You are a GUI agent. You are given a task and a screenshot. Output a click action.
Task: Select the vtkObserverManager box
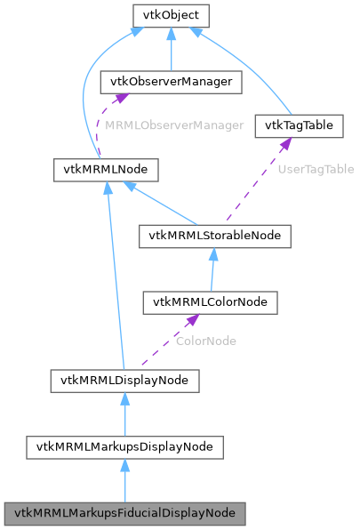172,82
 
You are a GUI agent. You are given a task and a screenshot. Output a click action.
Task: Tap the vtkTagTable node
299,125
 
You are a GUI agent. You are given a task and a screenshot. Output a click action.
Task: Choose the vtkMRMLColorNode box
210,302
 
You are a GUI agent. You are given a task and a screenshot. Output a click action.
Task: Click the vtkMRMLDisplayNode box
124,381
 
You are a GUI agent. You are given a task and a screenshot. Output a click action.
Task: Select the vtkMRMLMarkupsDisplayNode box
124,446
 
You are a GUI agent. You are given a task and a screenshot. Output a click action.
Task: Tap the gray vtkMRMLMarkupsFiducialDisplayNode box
124,513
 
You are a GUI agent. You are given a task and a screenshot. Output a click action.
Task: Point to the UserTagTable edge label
316,168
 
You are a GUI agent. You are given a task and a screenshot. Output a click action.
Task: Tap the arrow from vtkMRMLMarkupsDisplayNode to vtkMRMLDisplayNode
124,414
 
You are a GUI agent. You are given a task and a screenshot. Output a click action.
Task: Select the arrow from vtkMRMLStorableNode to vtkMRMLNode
164,204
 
